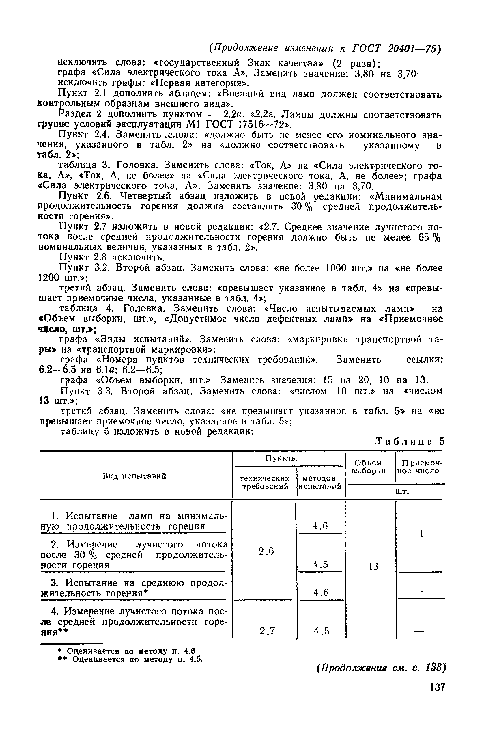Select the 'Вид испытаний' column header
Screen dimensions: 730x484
pos(134,476)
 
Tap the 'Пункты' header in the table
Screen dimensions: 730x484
pos(281,458)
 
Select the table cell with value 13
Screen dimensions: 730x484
pos(373,566)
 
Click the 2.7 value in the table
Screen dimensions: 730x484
pos(267,631)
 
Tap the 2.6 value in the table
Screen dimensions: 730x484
pos(266,551)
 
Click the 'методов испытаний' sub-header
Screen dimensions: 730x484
pos(320,482)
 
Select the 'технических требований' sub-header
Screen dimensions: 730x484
pos(265,482)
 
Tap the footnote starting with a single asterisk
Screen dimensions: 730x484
pos(127,651)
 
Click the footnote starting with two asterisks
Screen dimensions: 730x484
pos(130,659)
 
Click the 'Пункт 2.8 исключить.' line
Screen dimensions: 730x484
pos(112,257)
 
